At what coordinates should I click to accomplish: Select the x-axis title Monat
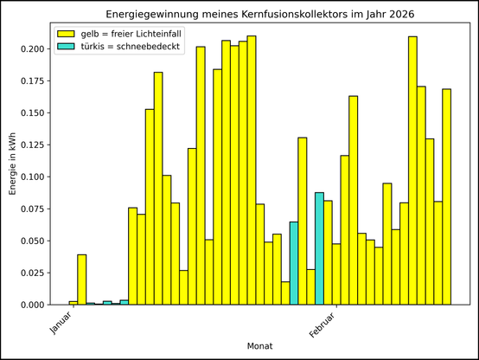click(261, 345)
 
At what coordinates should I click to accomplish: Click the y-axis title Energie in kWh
click(12, 164)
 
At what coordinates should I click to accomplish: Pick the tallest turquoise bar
click(319, 248)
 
